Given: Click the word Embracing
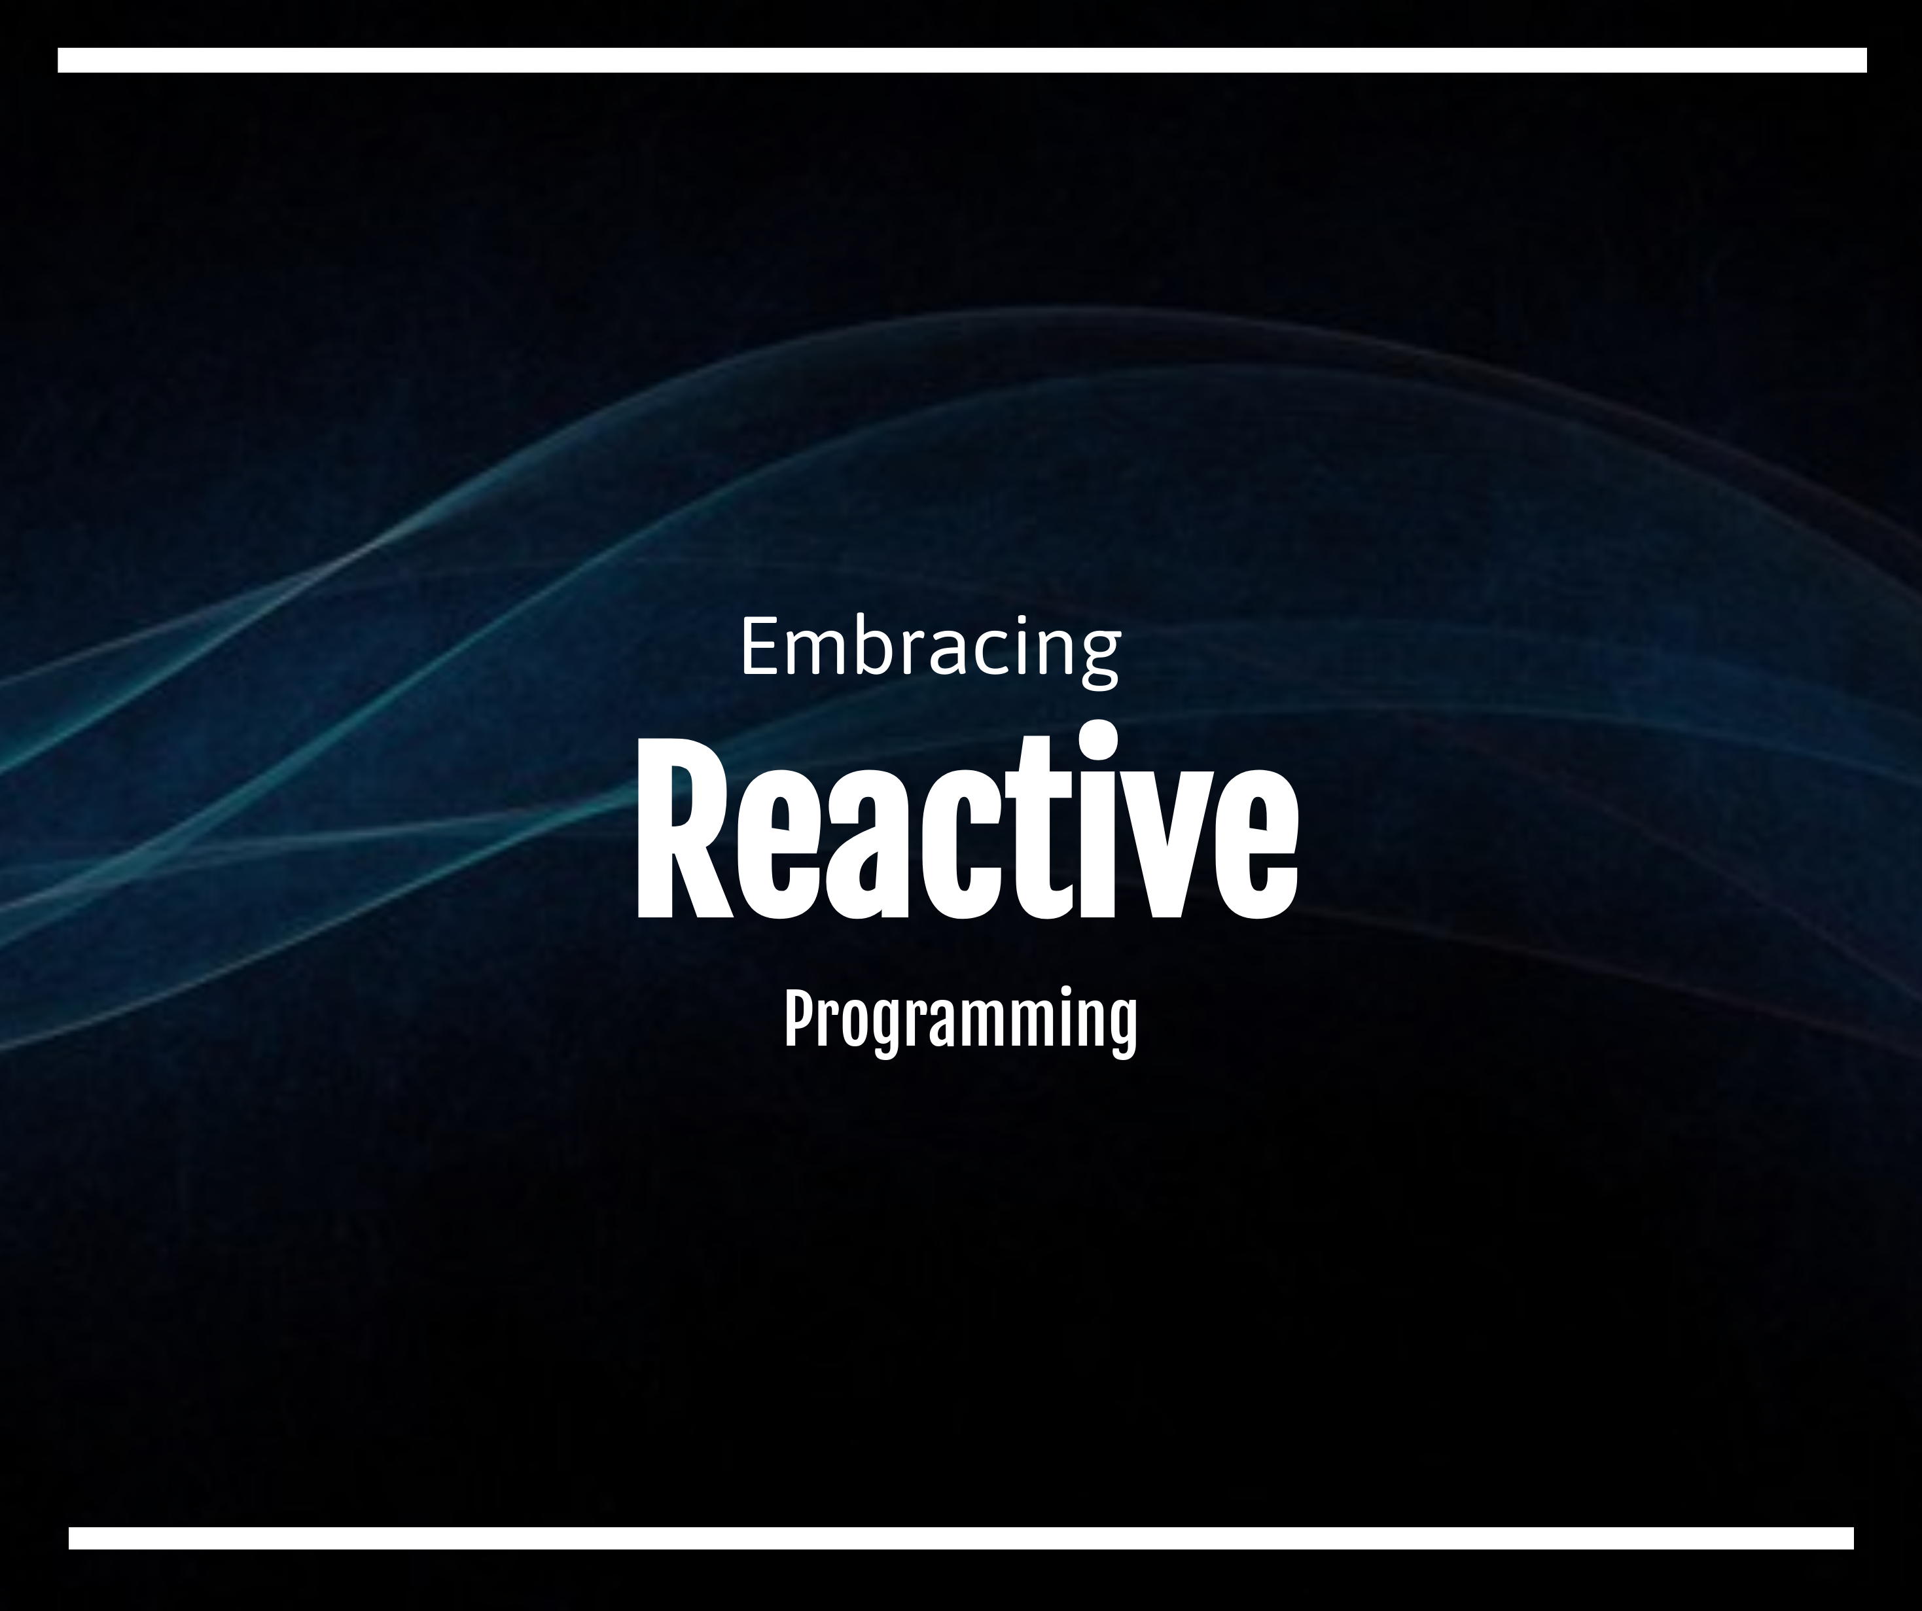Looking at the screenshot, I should tap(929, 648).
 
